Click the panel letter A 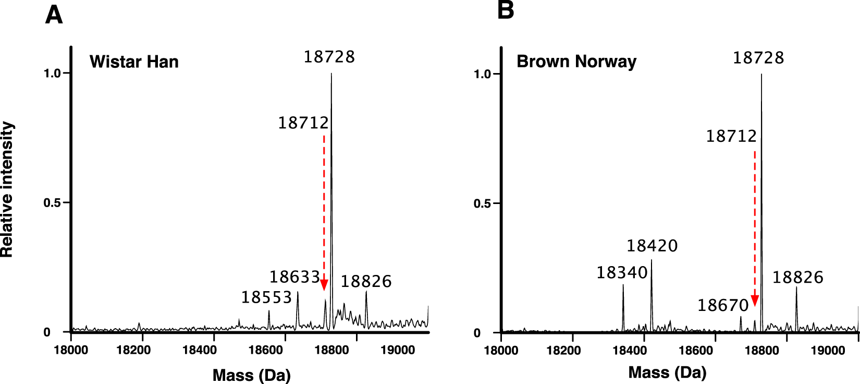point(54,15)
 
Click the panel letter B point(506,10)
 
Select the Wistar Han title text point(134,62)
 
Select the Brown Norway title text point(576,62)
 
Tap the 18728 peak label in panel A point(329,56)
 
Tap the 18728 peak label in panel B point(758,57)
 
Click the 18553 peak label point(266,297)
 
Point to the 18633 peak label point(294,277)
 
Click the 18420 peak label point(652,246)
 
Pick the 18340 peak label point(622,272)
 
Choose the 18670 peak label point(723,305)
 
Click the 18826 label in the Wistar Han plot point(366,281)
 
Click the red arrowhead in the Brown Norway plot point(754,301)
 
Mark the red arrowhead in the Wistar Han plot point(324,285)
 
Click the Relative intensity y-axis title point(7,189)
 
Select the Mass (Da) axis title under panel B point(667,372)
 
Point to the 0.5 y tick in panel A point(52,202)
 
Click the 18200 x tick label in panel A point(133,350)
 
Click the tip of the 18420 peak point(651,260)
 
